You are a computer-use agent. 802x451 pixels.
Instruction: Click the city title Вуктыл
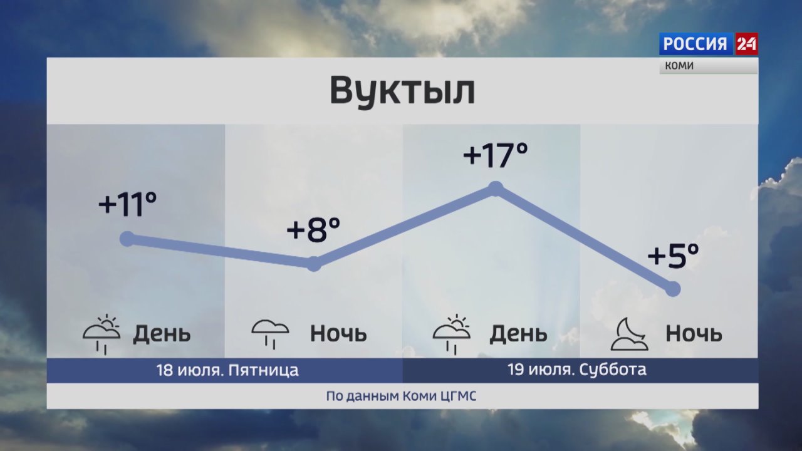click(x=402, y=91)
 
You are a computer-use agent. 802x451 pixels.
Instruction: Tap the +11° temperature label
click(x=128, y=204)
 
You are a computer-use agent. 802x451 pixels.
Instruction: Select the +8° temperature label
click(x=314, y=230)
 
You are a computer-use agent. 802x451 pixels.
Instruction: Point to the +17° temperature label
click(x=496, y=155)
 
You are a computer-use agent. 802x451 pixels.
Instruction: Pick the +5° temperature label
click(x=674, y=256)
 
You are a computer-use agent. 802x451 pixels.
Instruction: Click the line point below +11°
click(x=127, y=239)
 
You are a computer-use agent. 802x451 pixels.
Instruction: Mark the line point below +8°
click(x=314, y=264)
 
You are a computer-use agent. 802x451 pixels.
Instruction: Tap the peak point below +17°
click(x=496, y=189)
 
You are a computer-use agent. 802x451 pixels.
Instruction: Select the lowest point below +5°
click(x=673, y=289)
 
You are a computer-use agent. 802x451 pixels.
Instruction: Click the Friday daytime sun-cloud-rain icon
click(x=102, y=334)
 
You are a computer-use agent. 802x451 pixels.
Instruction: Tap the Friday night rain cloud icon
click(x=270, y=334)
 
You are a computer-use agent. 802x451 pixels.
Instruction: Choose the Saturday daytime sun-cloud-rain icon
click(x=452, y=334)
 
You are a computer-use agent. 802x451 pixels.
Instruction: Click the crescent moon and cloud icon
click(x=629, y=334)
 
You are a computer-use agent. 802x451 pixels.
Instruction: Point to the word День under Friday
click(x=162, y=334)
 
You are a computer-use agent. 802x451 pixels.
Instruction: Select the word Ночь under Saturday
click(x=694, y=334)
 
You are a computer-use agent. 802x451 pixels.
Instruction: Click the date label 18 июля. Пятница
click(x=227, y=370)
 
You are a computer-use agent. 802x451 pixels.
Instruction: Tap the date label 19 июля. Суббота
click(x=577, y=370)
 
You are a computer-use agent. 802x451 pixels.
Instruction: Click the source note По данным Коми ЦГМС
click(x=402, y=397)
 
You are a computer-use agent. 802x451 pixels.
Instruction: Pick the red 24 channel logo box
click(x=746, y=44)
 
